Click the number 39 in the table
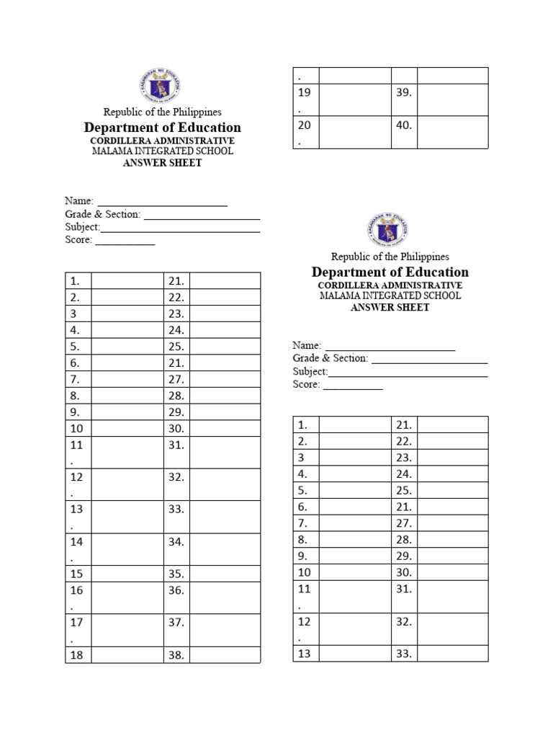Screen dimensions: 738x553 403,92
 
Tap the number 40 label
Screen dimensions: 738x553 403,125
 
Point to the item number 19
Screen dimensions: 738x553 305,92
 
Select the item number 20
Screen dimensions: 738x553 305,125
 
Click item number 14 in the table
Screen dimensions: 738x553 76,542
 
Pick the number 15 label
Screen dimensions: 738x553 76,574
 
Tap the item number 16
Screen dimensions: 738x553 76,590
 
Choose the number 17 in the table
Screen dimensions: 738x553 76,623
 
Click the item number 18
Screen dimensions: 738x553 76,655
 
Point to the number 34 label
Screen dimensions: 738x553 176,542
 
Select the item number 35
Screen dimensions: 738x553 176,574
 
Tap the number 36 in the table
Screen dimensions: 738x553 176,590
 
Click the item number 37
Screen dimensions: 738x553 176,623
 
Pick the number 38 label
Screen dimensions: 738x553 176,655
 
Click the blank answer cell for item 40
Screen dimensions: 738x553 452,132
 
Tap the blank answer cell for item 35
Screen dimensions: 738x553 225,574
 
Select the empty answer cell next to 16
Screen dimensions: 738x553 127,597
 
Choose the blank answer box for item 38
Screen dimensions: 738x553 225,655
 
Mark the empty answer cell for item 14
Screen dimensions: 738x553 127,549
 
